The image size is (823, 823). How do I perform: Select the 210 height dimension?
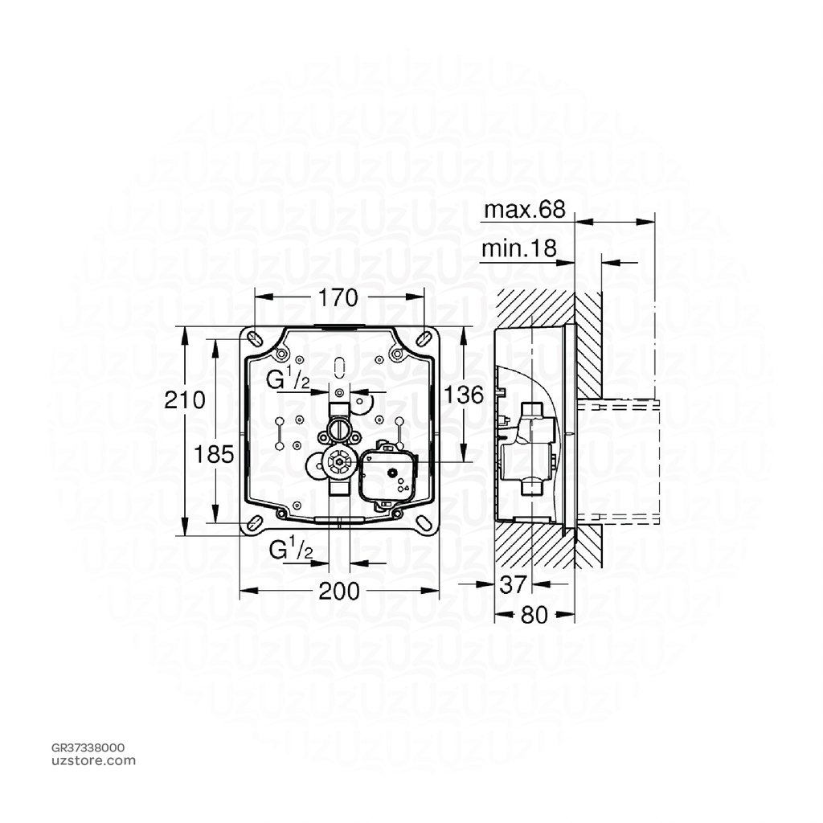(x=184, y=399)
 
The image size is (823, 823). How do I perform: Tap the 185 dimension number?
(x=214, y=454)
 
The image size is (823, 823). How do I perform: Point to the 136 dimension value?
(x=465, y=395)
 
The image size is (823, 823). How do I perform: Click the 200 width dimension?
(x=338, y=592)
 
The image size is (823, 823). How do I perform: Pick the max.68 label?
(x=524, y=211)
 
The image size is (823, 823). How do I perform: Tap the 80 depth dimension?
(x=534, y=616)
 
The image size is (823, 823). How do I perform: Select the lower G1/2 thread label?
(x=289, y=550)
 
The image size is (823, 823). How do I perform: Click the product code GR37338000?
(x=88, y=747)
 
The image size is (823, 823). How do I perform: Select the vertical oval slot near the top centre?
(x=338, y=366)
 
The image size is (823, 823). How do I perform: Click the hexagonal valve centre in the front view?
(x=338, y=462)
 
